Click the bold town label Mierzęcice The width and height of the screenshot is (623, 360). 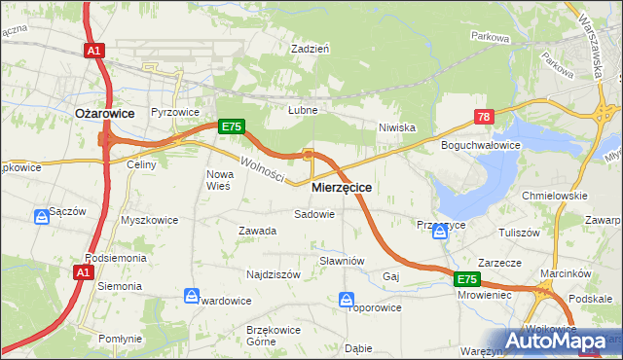(x=342, y=186)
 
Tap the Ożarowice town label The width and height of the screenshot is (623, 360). (x=105, y=113)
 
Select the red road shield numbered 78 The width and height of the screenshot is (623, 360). (x=485, y=117)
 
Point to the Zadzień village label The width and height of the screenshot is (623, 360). (x=311, y=48)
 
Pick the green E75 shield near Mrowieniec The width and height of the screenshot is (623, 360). (x=468, y=279)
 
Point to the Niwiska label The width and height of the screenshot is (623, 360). (x=397, y=127)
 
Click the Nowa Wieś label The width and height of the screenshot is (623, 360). (x=218, y=180)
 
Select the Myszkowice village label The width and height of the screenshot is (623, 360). (x=149, y=220)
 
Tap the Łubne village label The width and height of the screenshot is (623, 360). (x=303, y=111)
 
